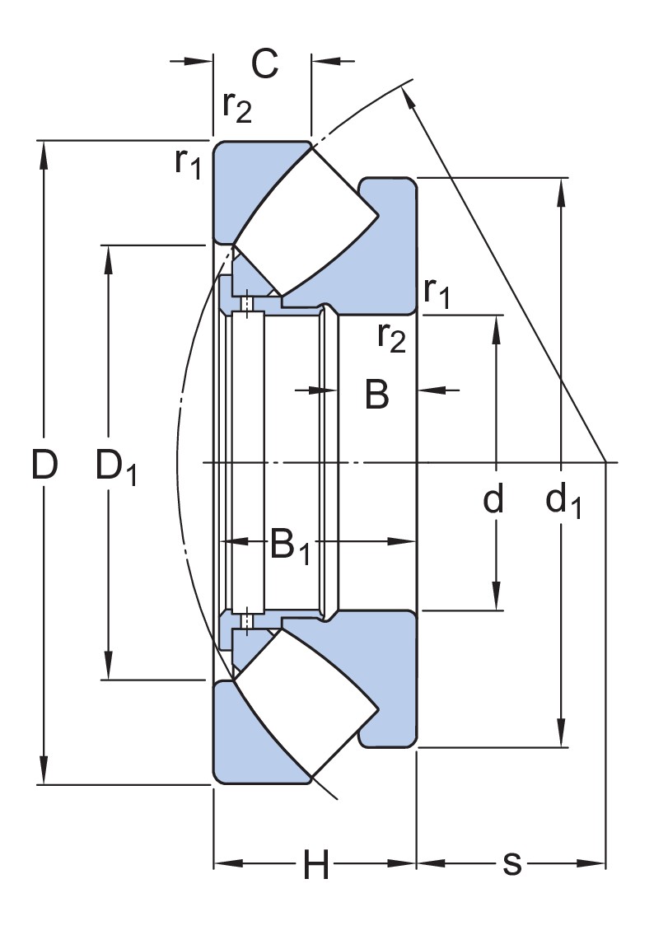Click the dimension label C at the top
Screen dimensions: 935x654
point(264,63)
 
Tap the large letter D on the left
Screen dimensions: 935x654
point(44,466)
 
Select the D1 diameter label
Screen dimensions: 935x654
point(116,468)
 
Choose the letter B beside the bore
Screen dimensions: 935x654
point(376,395)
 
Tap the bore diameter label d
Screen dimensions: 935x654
point(493,499)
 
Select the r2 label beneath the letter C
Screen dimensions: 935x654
point(236,107)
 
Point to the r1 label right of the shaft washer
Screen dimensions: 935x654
point(437,292)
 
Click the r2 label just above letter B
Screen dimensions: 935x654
point(391,336)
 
